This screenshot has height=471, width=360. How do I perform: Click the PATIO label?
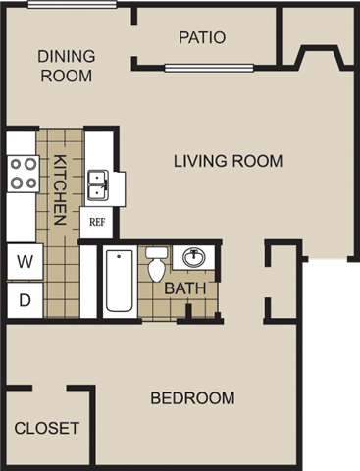(202, 38)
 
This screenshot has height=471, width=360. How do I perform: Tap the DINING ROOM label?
(66, 65)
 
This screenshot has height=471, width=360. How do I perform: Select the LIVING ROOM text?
(229, 161)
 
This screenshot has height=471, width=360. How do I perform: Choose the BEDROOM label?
(192, 398)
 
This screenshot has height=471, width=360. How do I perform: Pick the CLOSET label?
(47, 429)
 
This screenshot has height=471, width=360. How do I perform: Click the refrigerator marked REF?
(97, 222)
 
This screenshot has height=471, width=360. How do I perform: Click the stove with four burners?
(24, 174)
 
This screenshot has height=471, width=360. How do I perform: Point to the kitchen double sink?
(99, 183)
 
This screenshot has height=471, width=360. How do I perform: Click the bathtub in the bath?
(119, 282)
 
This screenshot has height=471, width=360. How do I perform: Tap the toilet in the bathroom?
(157, 264)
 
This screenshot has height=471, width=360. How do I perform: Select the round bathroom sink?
(193, 258)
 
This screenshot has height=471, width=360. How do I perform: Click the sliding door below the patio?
(210, 68)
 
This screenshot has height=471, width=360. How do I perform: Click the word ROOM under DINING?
(66, 75)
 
